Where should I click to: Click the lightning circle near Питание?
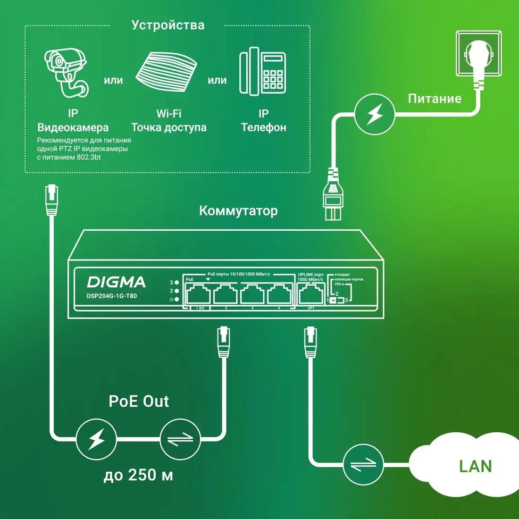[x=375, y=114]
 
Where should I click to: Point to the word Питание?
[x=434, y=99]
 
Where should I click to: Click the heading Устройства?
[x=167, y=25]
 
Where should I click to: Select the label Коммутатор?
[x=238, y=210]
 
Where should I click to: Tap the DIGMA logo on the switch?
[x=116, y=282]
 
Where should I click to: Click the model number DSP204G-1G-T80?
[x=112, y=296]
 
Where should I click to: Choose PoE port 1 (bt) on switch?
[x=198, y=295]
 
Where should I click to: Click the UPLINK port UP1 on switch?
[x=310, y=295]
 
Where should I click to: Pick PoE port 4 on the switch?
[x=279, y=295]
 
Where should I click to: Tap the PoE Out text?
[x=139, y=401]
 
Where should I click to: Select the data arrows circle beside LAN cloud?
[x=363, y=464]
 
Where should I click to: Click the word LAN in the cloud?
[x=475, y=466]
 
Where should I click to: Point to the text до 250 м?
[x=138, y=475]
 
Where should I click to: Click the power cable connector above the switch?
[x=333, y=193]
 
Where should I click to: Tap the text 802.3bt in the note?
[x=88, y=157]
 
